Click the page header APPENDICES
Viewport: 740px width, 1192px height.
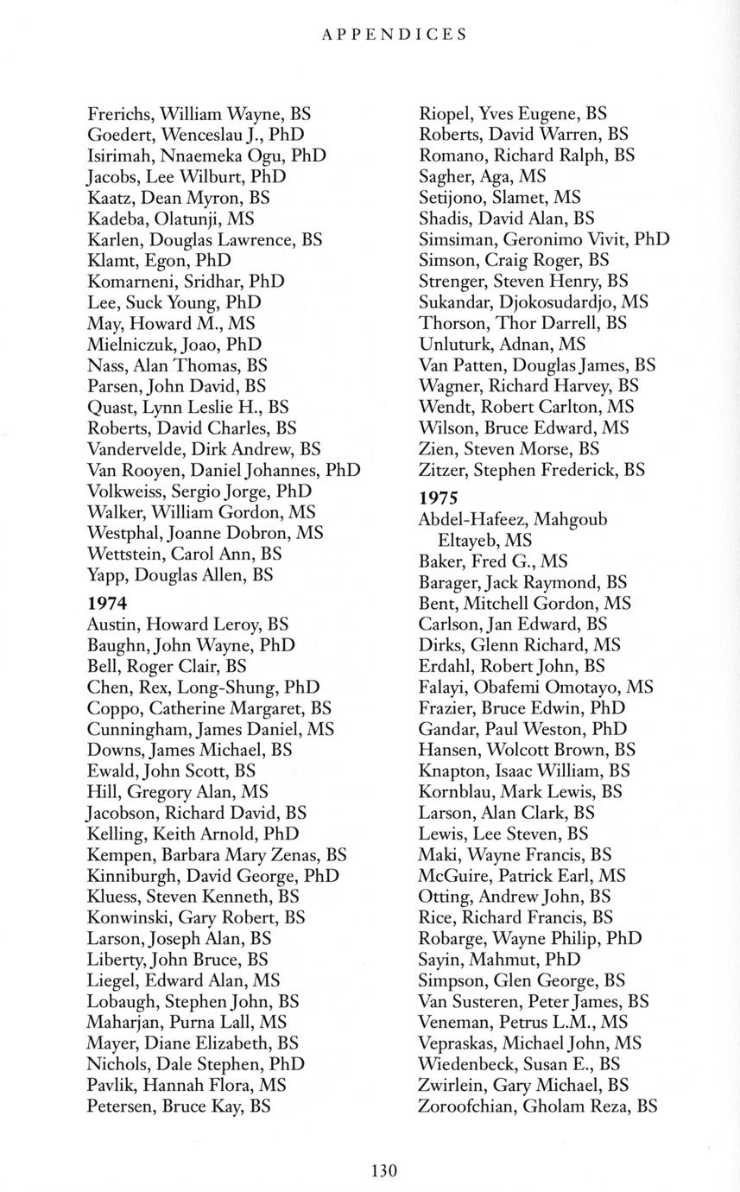pyautogui.click(x=394, y=35)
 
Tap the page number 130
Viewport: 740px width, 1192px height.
pyautogui.click(x=383, y=1170)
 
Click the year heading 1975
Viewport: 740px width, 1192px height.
pyautogui.click(x=438, y=498)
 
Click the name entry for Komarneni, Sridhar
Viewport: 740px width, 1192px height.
pyautogui.click(x=186, y=282)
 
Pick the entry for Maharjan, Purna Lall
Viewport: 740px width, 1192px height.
pyautogui.click(x=187, y=1022)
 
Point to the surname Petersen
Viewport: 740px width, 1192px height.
pyautogui.click(x=121, y=1106)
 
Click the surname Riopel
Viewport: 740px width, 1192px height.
pyautogui.click(x=445, y=113)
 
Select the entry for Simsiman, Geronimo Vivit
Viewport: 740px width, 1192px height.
pyautogui.click(x=544, y=239)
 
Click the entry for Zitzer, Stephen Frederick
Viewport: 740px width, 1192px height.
pyautogui.click(x=531, y=470)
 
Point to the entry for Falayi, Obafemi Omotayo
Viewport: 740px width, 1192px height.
pyautogui.click(x=535, y=687)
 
